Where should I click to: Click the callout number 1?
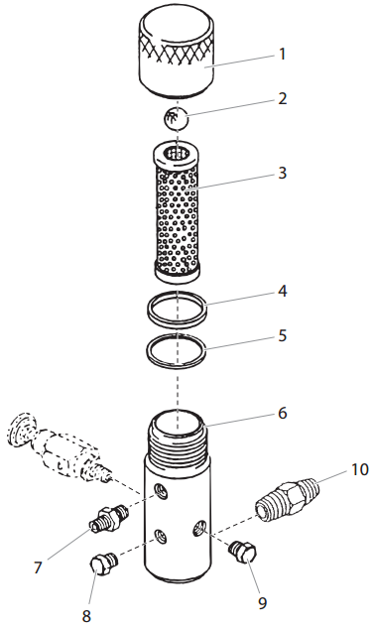pyautogui.click(x=282, y=54)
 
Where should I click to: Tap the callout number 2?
pyautogui.click(x=282, y=99)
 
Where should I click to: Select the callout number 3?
pyautogui.click(x=282, y=172)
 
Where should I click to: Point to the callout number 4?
pyautogui.click(x=282, y=293)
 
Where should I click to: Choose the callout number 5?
pyautogui.click(x=282, y=335)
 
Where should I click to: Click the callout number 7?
pyautogui.click(x=39, y=567)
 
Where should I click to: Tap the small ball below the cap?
pyautogui.click(x=175, y=119)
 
